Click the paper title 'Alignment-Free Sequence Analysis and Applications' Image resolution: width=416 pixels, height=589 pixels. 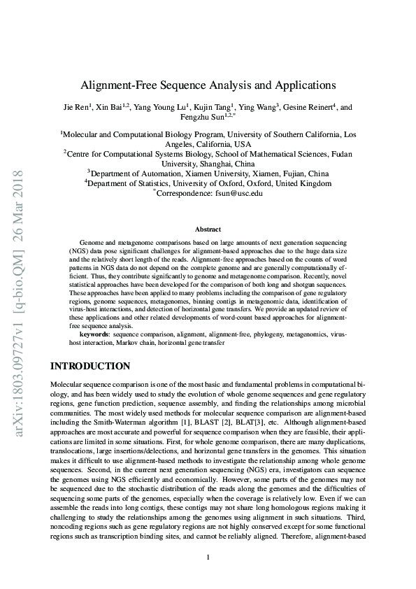(x=208, y=85)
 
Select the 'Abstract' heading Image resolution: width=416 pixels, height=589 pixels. (x=208, y=229)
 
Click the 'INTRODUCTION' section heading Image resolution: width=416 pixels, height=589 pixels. (x=90, y=366)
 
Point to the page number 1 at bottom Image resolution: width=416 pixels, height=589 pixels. (x=208, y=557)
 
